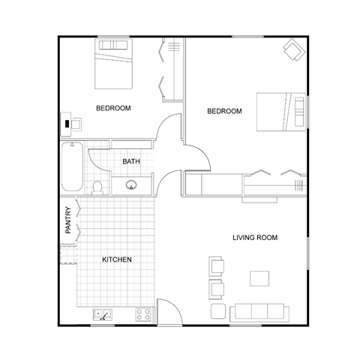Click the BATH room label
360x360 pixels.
pyautogui.click(x=131, y=161)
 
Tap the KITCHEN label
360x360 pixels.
pyautogui.click(x=117, y=259)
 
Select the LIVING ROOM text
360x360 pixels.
pyautogui.click(x=255, y=238)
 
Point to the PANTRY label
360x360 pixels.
pyautogui.click(x=68, y=220)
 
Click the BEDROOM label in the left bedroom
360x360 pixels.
pyautogui.click(x=113, y=108)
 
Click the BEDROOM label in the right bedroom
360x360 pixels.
pyautogui.click(x=224, y=111)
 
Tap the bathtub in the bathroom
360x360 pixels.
pyautogui.click(x=72, y=166)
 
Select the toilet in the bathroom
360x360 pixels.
pyautogui.click(x=97, y=186)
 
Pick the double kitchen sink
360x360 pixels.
pyautogui.click(x=103, y=315)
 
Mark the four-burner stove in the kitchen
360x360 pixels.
pyautogui.click(x=142, y=315)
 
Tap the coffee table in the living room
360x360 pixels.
pyautogui.click(x=260, y=278)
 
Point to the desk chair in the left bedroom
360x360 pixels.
pyautogui.click(x=67, y=122)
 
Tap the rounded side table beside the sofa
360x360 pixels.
pyautogui.click(x=217, y=310)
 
